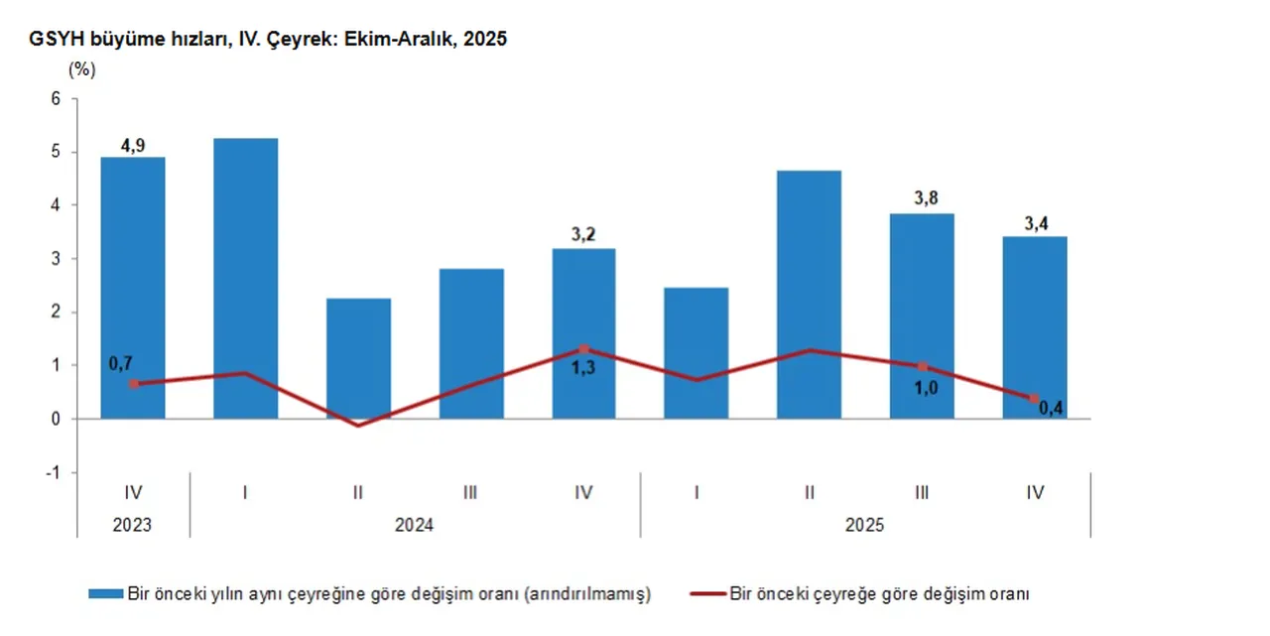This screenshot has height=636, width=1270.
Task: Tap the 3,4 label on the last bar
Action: click(x=1034, y=221)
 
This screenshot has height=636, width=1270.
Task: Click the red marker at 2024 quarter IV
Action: click(x=583, y=349)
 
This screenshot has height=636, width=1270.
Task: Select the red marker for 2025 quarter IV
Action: click(x=1034, y=399)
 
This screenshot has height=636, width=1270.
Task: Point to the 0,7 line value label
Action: click(x=121, y=363)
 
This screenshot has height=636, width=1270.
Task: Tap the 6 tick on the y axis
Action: click(x=56, y=98)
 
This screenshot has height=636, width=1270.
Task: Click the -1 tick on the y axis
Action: click(x=53, y=472)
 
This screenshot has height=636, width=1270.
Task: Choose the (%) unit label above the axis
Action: click(x=81, y=70)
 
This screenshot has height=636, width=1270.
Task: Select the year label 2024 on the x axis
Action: click(x=415, y=525)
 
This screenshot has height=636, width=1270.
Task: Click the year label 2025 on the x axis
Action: click(x=865, y=525)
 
